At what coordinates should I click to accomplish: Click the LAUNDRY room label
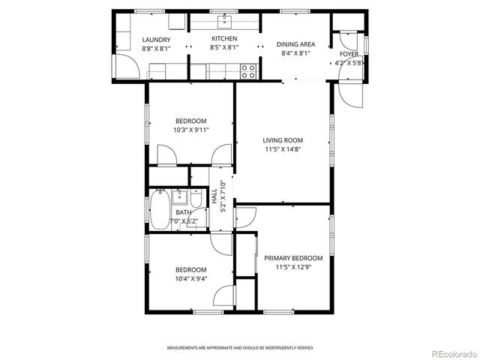(156, 40)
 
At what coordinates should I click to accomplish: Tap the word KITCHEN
(223, 39)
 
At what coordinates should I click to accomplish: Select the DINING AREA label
(295, 44)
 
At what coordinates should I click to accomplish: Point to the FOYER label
(349, 54)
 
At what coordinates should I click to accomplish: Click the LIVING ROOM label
(283, 140)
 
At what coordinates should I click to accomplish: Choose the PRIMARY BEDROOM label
(293, 258)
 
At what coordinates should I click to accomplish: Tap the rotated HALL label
(214, 198)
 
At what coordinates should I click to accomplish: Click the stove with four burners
(248, 72)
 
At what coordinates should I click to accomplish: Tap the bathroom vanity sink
(179, 197)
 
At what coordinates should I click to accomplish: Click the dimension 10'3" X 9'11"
(192, 130)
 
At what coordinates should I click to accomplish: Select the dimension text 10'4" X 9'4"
(191, 278)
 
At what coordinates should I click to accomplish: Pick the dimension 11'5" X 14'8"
(283, 148)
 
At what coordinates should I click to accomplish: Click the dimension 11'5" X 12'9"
(293, 266)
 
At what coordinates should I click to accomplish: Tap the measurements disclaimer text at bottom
(240, 348)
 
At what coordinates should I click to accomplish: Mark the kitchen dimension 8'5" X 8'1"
(223, 47)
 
